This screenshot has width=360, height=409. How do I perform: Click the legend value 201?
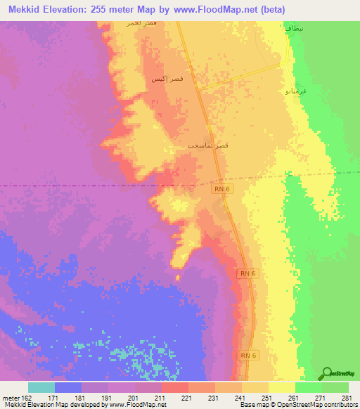pyautogui.click(x=132, y=398)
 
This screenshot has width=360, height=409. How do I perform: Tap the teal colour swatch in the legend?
pyautogui.click(x=41, y=387)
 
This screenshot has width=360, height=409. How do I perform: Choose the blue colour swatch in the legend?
pyautogui.click(x=67, y=387)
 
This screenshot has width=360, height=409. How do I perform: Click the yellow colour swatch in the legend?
pyautogui.click(x=281, y=387)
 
